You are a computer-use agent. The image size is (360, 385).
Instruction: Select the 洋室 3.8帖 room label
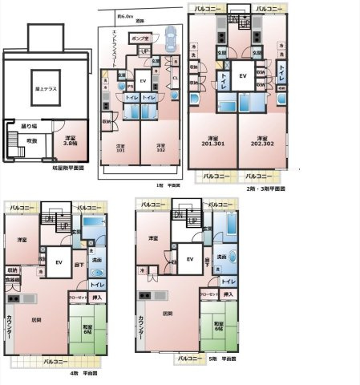[x=71, y=141]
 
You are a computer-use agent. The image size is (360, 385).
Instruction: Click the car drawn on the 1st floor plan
[x=170, y=36]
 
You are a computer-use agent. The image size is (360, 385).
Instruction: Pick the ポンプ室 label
[x=138, y=38]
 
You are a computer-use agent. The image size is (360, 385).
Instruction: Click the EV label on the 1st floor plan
[x=143, y=81]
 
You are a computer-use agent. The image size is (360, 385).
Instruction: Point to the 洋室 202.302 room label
[x=259, y=138]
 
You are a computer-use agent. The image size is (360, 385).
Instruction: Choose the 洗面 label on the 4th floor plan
[x=96, y=260]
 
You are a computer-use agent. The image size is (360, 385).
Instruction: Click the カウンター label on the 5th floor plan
[x=141, y=325]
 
